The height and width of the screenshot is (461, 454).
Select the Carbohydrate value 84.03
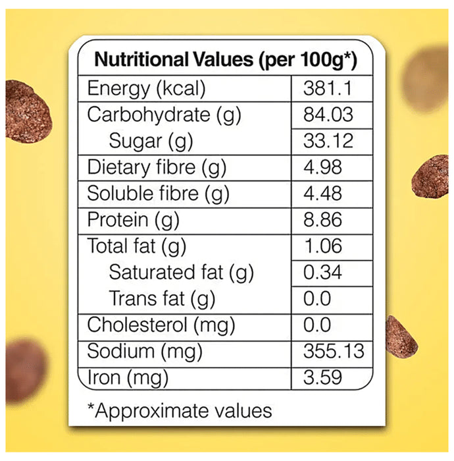[328, 115]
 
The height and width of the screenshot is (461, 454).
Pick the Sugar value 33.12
[328, 141]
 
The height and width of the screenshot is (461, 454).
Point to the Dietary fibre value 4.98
[322, 167]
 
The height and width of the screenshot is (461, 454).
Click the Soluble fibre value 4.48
[322, 194]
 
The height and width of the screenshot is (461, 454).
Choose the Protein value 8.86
[322, 220]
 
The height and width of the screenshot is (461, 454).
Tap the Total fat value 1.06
[322, 246]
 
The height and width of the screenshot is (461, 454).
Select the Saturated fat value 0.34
[322, 272]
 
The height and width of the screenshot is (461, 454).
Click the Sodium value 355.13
[334, 351]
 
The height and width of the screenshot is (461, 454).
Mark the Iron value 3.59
[322, 378]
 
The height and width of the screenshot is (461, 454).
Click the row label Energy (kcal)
[147, 88]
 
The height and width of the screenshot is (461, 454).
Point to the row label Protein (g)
[134, 220]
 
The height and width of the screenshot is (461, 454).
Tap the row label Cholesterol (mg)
[161, 325]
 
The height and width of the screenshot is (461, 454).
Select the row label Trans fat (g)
[162, 298]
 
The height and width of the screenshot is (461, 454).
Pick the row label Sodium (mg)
[144, 351]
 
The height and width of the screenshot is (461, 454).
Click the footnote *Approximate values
[180, 411]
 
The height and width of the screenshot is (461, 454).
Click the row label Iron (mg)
[128, 378]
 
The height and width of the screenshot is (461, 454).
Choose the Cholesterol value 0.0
[317, 325]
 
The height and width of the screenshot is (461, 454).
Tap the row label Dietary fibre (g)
[157, 167]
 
